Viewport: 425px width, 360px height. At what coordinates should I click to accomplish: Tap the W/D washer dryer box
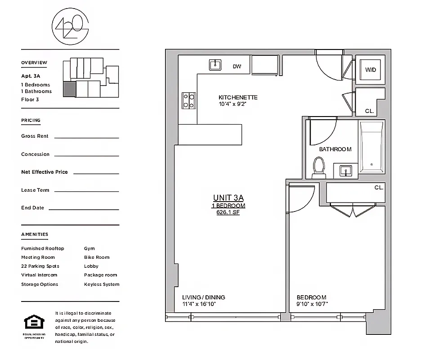[x=370, y=69]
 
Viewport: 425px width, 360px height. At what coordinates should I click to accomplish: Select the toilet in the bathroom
[x=319, y=165]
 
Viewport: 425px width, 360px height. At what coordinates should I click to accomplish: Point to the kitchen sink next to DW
[x=216, y=65]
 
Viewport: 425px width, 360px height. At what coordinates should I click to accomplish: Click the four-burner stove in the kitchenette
[x=188, y=100]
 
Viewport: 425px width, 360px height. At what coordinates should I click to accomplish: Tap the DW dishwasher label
[x=237, y=67]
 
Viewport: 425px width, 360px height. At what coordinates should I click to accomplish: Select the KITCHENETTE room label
[x=238, y=98]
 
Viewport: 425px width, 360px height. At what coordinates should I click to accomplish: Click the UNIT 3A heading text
[x=228, y=198]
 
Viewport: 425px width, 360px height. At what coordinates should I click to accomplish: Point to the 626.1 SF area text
[x=228, y=212]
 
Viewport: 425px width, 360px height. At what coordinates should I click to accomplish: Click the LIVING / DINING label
[x=203, y=297]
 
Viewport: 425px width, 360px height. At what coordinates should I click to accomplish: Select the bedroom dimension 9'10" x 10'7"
[x=312, y=304]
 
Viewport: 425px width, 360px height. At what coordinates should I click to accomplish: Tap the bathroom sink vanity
[x=345, y=171]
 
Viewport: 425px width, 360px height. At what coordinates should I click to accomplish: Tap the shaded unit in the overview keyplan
[x=69, y=89]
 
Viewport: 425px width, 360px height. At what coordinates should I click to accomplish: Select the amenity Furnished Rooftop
[x=43, y=248]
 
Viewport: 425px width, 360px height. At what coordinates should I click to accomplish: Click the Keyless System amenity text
[x=102, y=284]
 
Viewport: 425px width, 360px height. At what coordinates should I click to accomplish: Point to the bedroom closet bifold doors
[x=353, y=209]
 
